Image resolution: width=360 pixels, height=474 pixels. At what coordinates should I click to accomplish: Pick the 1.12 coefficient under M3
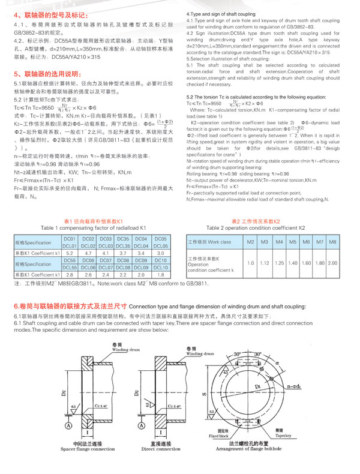click(265, 262)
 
